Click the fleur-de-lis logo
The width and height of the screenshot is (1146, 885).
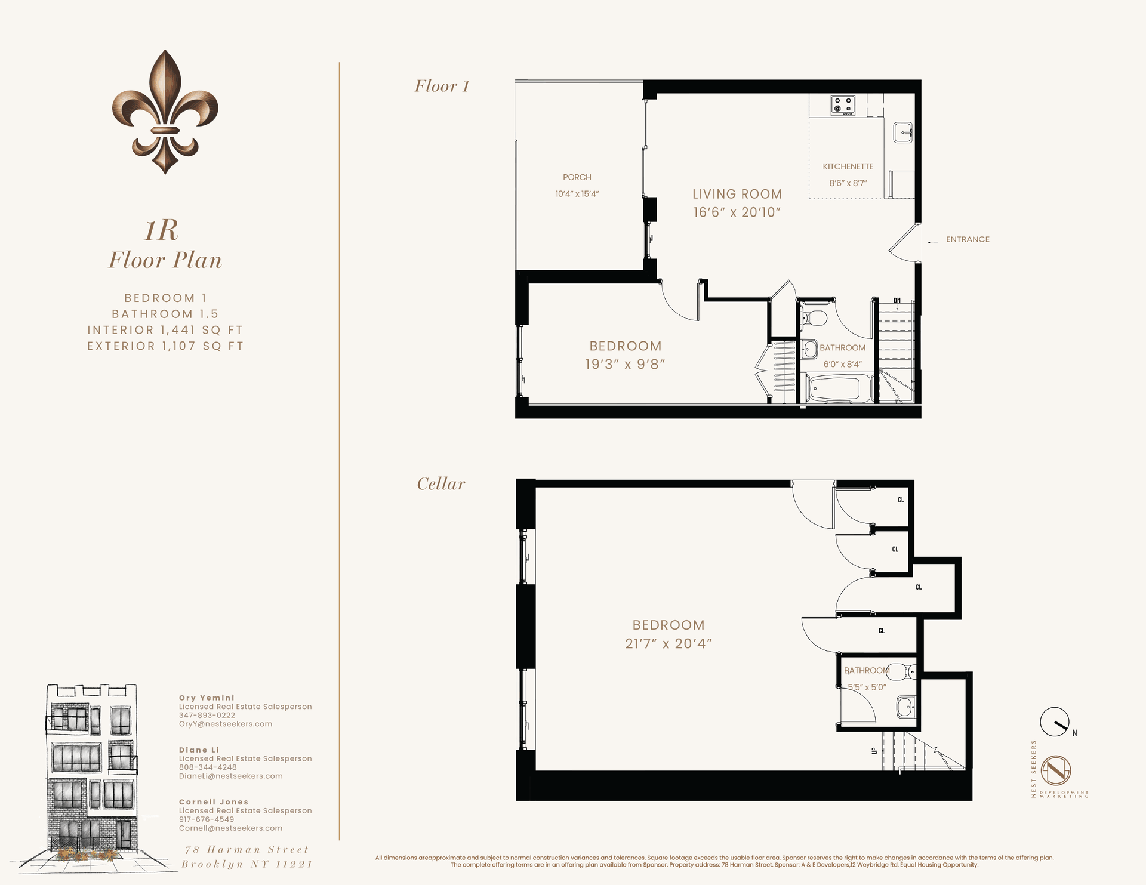165,112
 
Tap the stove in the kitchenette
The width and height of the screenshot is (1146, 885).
843,105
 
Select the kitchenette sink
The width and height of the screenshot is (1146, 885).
902,132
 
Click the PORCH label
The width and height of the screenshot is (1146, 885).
577,177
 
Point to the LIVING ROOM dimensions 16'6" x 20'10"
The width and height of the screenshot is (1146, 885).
737,212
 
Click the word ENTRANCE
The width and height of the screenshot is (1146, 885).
967,239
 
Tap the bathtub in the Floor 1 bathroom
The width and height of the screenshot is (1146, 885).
834,388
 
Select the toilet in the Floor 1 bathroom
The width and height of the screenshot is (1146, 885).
812,318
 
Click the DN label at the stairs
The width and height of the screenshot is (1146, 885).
897,301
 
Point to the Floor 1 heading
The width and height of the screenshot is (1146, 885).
442,87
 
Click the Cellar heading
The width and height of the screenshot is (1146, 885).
440,484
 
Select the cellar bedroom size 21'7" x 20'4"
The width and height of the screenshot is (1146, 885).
668,643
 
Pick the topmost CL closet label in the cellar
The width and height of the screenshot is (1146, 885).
901,500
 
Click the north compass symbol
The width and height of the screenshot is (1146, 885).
1055,722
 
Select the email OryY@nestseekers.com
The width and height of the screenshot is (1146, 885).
226,724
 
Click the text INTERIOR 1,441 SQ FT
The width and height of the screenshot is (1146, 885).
165,330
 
